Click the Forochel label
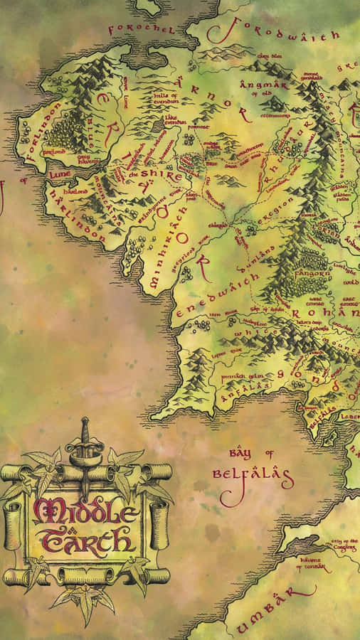(142, 30)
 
